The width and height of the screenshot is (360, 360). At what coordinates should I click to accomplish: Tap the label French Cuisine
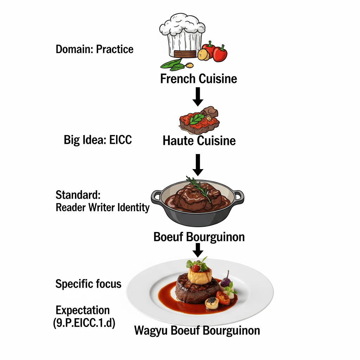(x=199, y=78)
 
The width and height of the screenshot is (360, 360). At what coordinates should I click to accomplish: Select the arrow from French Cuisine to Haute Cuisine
(x=198, y=96)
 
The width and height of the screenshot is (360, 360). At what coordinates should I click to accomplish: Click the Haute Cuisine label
(x=199, y=141)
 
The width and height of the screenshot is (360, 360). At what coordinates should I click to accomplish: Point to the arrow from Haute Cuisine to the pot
(x=198, y=165)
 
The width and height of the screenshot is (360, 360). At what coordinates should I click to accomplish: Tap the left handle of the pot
(x=157, y=195)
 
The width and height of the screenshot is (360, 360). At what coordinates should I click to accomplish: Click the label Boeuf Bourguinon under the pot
(x=199, y=237)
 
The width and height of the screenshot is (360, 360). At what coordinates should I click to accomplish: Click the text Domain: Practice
(x=95, y=49)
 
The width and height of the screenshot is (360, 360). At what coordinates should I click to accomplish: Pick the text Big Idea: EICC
(x=98, y=140)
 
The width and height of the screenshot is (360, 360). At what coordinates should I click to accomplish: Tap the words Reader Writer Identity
(x=103, y=208)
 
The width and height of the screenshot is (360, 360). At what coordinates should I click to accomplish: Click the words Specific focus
(x=89, y=284)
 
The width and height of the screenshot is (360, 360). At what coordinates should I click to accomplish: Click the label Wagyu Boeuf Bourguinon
(x=197, y=330)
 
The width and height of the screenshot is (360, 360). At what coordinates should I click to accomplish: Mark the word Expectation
(x=83, y=310)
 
